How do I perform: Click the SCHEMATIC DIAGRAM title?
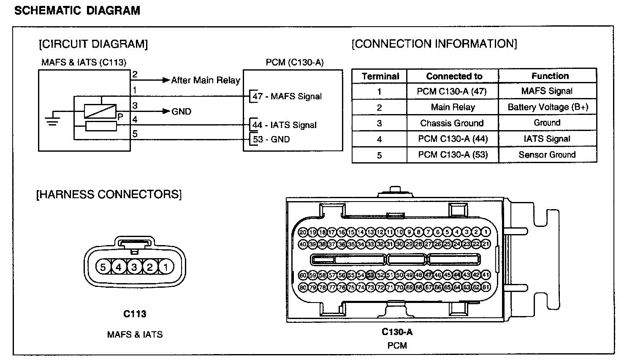pyautogui.click(x=77, y=11)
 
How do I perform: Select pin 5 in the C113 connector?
pyautogui.click(x=103, y=267)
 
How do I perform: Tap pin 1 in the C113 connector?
pyautogui.click(x=166, y=267)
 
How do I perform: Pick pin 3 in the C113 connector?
pyautogui.click(x=134, y=267)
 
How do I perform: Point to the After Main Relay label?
pyautogui.click(x=205, y=80)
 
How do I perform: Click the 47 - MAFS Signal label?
pyautogui.click(x=287, y=96)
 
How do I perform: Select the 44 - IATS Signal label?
pyautogui.click(x=284, y=125)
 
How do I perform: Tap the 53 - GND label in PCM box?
pyautogui.click(x=271, y=139)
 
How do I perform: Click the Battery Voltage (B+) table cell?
pyautogui.click(x=548, y=107)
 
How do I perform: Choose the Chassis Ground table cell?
pyautogui.click(x=452, y=123)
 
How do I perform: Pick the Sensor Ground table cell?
pyautogui.click(x=547, y=155)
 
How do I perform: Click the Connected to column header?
pyautogui.click(x=454, y=76)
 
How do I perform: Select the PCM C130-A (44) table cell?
pyautogui.click(x=453, y=139)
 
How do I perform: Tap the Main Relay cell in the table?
pyautogui.click(x=453, y=107)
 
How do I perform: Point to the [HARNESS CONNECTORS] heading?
pyautogui.click(x=109, y=194)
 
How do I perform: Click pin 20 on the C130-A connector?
pyautogui.click(x=303, y=232)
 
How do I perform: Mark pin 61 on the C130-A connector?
pyautogui.click(x=486, y=287)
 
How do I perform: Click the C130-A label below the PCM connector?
pyautogui.click(x=397, y=332)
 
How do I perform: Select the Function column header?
pyautogui.click(x=550, y=76)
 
